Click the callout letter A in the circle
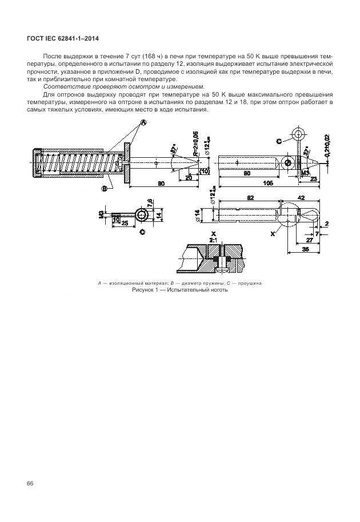(x=143, y=122)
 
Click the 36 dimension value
(x=305, y=249)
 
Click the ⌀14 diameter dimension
(x=197, y=215)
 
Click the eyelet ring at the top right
(x=298, y=135)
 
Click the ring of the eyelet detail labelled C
(x=140, y=214)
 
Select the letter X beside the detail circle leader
(x=273, y=234)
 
